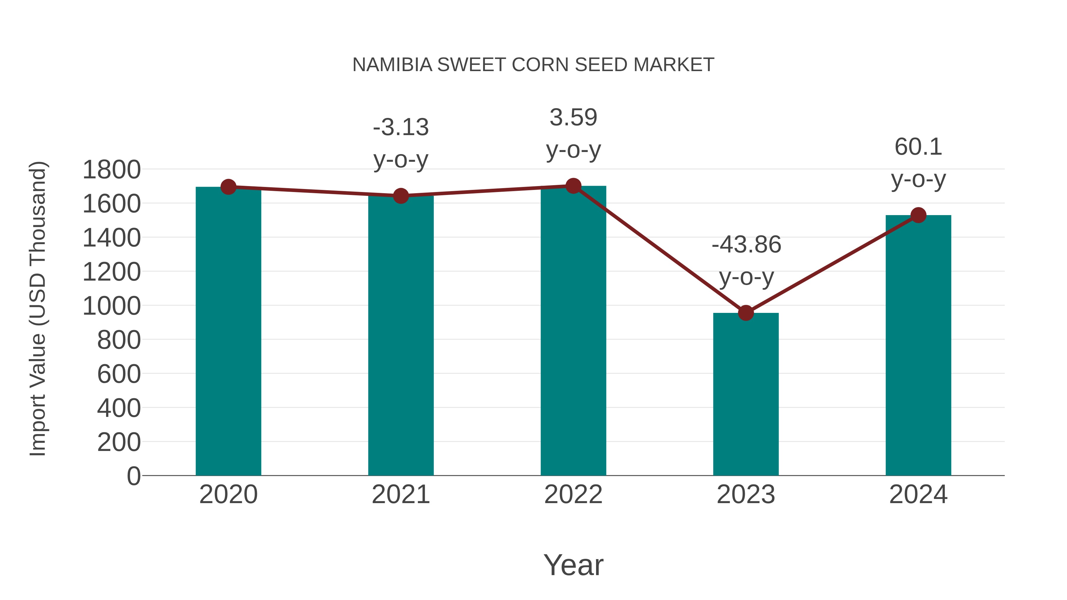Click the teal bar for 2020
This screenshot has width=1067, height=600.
[x=228, y=331]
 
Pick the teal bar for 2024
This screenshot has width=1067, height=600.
[x=918, y=345]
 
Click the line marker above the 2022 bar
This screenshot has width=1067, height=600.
[x=573, y=186]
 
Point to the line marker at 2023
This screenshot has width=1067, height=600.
[x=746, y=313]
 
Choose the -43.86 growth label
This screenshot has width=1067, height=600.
[x=746, y=244]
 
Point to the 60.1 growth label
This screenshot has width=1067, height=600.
[x=918, y=147]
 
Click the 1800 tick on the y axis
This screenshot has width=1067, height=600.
[x=111, y=170]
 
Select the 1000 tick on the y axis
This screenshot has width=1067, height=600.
[x=111, y=306]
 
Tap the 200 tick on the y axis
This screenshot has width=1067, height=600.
[x=119, y=442]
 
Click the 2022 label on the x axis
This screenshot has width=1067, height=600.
[x=573, y=495]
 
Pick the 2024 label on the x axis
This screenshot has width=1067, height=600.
[x=918, y=495]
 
